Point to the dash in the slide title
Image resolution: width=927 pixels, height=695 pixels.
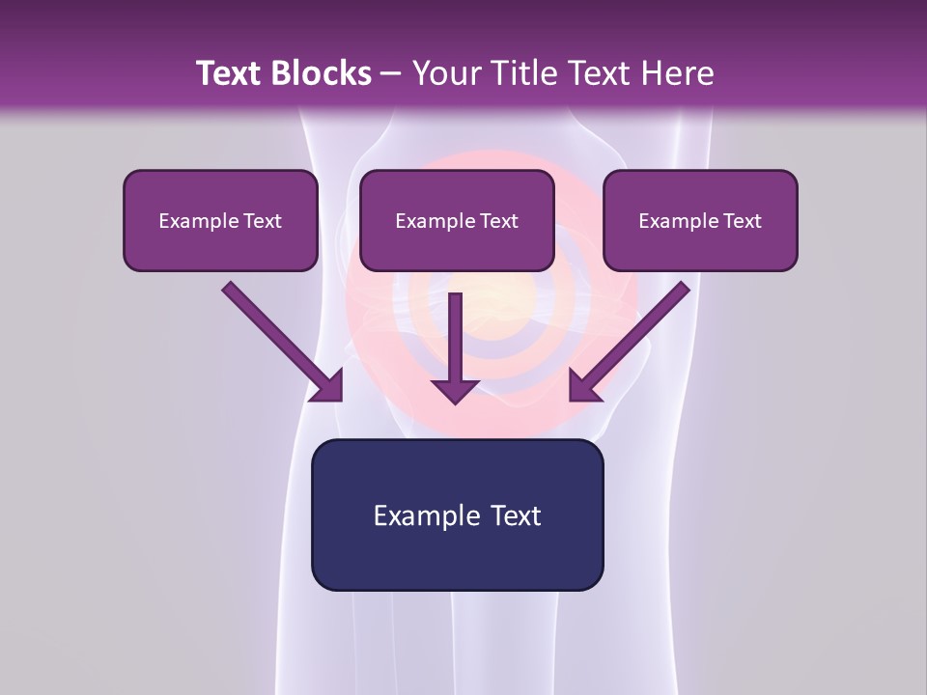pyautogui.click(x=392, y=74)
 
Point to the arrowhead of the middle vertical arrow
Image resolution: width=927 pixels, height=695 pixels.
pyautogui.click(x=456, y=390)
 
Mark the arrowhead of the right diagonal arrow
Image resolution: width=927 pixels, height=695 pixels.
pyautogui.click(x=583, y=387)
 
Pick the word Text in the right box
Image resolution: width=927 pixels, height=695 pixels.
pyautogui.click(x=742, y=221)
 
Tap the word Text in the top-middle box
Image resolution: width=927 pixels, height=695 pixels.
pyautogui.click(x=498, y=221)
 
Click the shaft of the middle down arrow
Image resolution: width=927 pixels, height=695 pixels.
pyautogui.click(x=456, y=333)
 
